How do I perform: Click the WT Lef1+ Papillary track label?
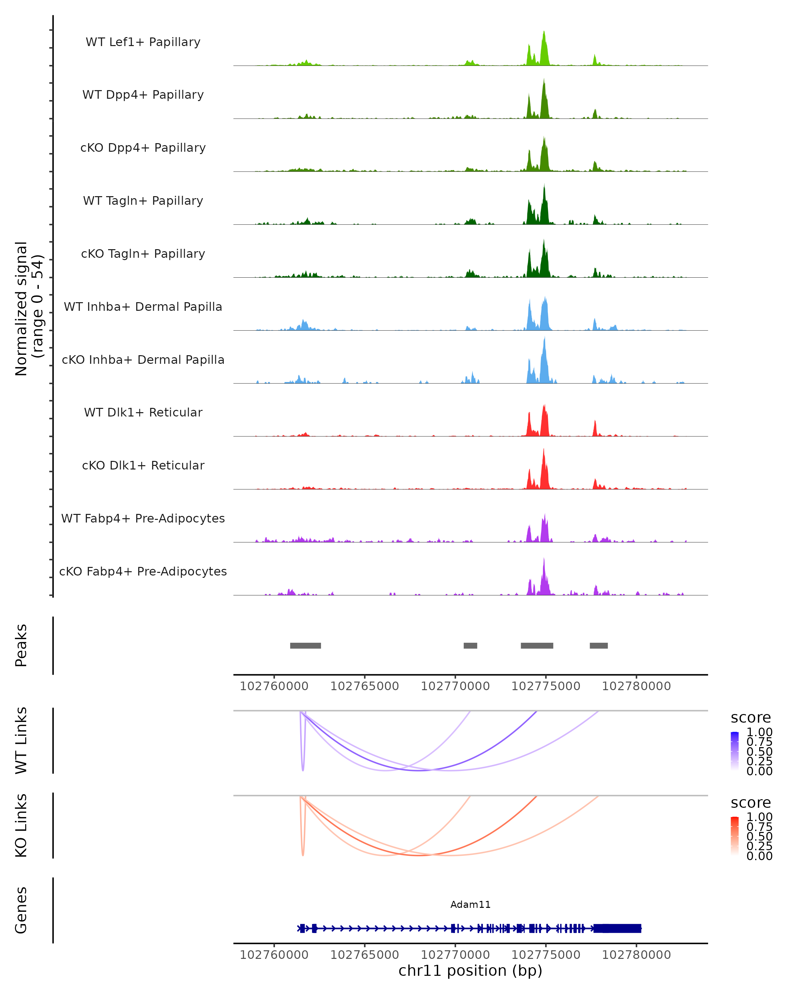coord(143,42)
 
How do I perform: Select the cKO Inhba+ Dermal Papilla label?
coord(143,359)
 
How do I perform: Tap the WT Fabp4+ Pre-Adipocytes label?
coord(143,518)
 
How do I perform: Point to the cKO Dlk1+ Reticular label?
coord(143,465)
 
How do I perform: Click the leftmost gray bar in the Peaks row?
coord(305,645)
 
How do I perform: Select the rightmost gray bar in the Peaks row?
coord(599,645)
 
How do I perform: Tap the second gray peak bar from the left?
coord(470,645)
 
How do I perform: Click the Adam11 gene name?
coord(470,905)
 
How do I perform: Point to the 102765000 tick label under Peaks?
coord(365,686)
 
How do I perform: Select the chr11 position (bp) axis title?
coord(470,970)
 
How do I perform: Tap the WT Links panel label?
coord(21,741)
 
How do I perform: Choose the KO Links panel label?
coord(21,825)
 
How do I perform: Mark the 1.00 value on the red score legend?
coord(760,817)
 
